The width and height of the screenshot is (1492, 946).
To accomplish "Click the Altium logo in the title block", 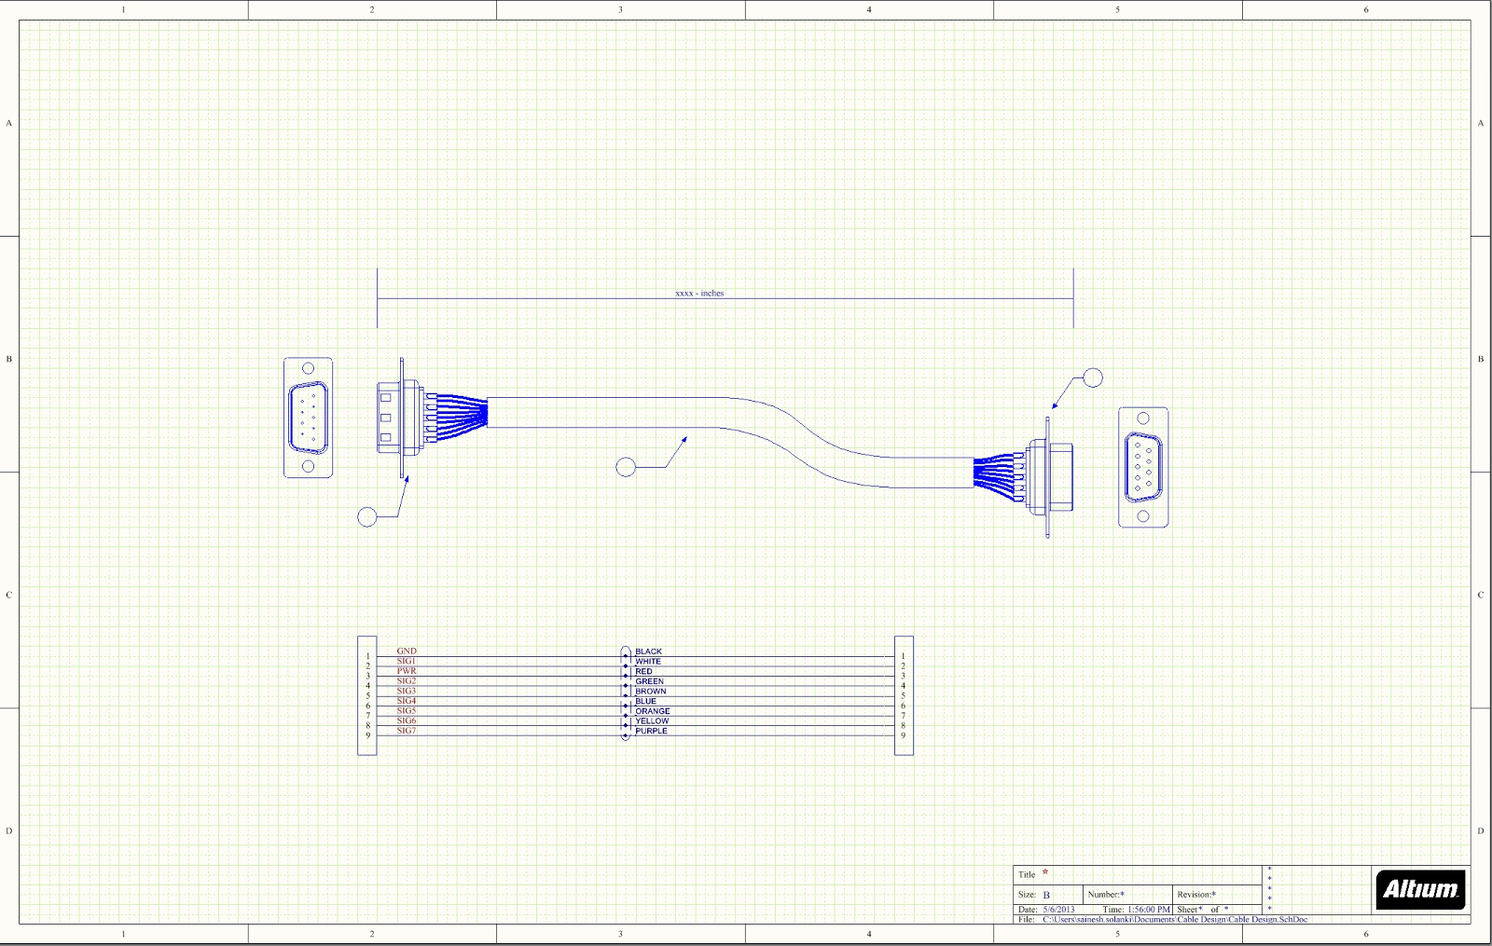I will (1420, 888).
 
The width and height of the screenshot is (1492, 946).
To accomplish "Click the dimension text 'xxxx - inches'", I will (699, 294).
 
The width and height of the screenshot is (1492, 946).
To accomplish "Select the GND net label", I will (407, 651).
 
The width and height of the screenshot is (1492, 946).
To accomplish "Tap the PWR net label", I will (407, 671).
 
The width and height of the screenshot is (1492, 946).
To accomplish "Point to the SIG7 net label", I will (407, 731).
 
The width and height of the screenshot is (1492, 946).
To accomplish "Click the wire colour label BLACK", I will (648, 652).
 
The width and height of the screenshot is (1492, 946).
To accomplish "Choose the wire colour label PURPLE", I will (651, 732).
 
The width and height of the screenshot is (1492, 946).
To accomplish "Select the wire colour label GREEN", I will (649, 682).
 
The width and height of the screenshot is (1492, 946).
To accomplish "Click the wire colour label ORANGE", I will (652, 711).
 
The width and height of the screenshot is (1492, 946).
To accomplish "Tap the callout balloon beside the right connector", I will (1093, 377).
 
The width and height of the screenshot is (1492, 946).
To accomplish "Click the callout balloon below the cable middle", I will (626, 467).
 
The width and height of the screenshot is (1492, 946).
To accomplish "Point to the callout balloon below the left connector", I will (367, 516).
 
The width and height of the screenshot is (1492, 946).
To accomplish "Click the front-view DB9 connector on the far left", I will (308, 418).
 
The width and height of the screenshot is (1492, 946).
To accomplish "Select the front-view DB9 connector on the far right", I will (1143, 467).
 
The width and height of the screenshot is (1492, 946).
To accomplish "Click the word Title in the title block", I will (1027, 874).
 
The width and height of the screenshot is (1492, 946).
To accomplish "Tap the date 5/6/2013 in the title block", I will (1058, 910).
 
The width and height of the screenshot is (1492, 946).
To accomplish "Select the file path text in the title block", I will (1175, 920).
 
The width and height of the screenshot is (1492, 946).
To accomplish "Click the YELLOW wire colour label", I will (652, 721).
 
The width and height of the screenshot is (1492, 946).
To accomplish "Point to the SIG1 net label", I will (407, 661).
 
